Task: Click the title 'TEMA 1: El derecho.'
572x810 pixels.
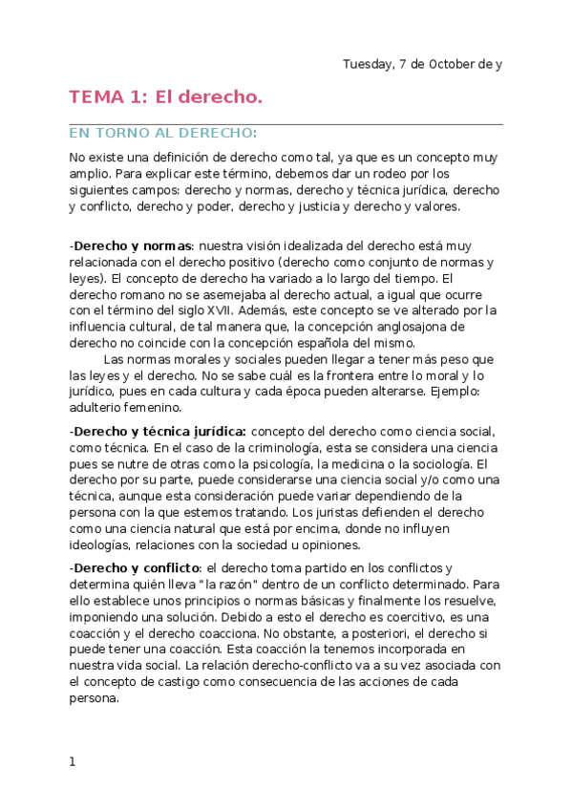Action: tap(165, 97)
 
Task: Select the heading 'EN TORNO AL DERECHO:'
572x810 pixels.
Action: tap(162, 133)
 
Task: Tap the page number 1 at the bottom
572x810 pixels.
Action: tap(73, 761)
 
